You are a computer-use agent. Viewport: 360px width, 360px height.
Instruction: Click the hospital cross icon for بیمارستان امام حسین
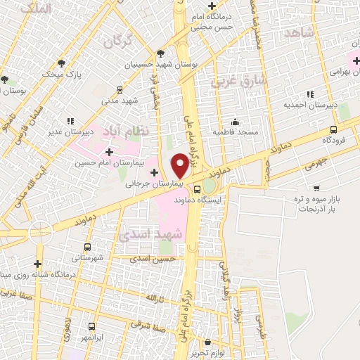(x=108, y=151)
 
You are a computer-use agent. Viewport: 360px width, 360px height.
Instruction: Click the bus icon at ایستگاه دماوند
(x=197, y=188)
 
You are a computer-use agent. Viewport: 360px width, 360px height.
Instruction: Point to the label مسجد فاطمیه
(x=238, y=132)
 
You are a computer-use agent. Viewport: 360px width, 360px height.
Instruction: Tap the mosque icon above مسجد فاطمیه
(x=238, y=120)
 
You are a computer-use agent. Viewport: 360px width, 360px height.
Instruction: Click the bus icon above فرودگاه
(x=333, y=129)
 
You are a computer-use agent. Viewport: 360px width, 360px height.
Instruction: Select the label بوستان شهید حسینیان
(x=162, y=65)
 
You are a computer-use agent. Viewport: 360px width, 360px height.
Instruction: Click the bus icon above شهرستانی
(x=87, y=247)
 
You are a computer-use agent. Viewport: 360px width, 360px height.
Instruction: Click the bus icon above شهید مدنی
(x=120, y=89)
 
